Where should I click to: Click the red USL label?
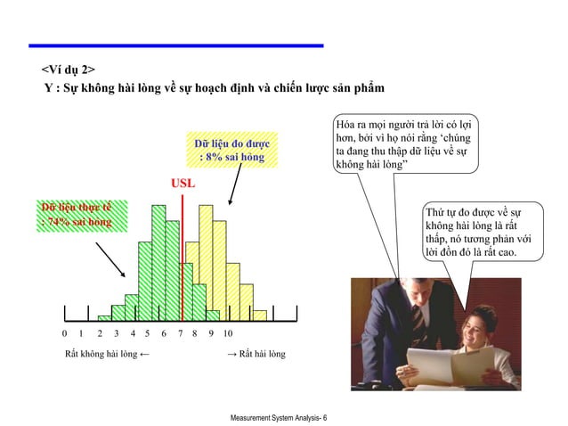tap(182, 184)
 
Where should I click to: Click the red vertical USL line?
tap(182, 258)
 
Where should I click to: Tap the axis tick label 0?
tap(64, 333)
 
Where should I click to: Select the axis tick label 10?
tap(228, 333)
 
